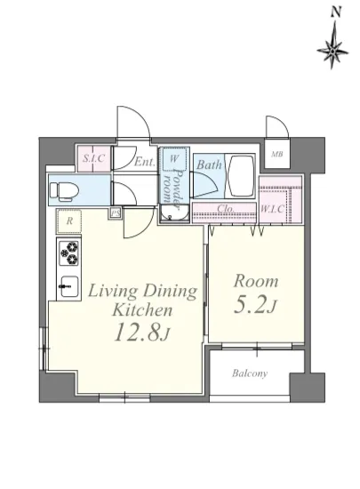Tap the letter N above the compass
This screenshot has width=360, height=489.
coord(335,12)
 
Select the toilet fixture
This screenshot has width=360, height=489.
coord(62,190)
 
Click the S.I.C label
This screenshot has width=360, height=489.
coord(93,158)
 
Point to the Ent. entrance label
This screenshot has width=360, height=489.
coord(145,162)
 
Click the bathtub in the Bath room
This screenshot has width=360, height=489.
coord(242,175)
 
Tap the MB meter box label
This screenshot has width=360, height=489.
coord(276,154)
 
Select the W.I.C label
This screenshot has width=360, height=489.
coord(272,209)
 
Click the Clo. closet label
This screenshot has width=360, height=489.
coord(226,208)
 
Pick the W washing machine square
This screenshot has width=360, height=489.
coord(174,159)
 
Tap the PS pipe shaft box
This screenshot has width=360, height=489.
coord(116,213)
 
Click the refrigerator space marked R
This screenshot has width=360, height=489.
coord(69,221)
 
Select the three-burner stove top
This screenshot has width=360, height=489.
coord(69,253)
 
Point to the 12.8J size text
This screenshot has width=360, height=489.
coord(142,332)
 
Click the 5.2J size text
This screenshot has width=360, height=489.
coord(255,306)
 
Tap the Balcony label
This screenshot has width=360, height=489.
coord(250,373)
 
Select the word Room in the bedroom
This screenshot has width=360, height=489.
coord(256,281)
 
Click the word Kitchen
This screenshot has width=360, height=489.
coord(142,310)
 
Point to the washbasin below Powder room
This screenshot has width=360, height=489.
coord(174,214)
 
